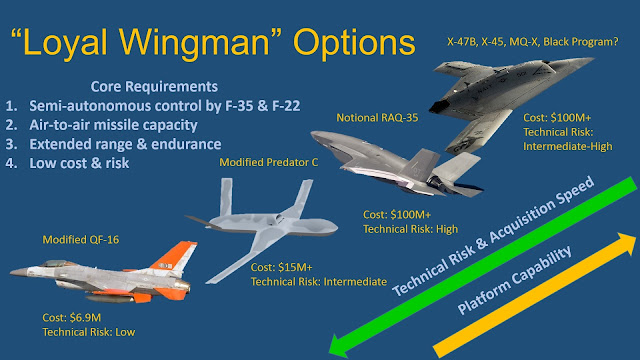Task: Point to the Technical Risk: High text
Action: pos(409,229)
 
